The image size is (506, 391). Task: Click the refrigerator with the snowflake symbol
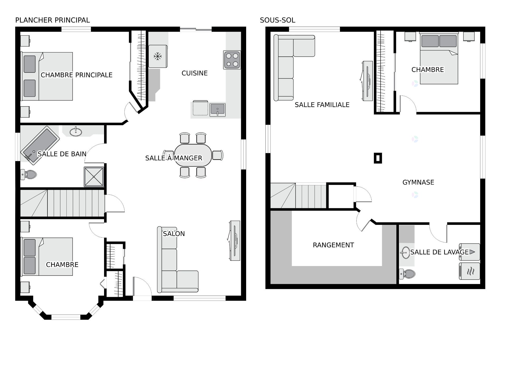(158, 56)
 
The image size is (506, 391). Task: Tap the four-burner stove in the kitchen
(232, 60)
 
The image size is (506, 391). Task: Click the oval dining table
(193, 155)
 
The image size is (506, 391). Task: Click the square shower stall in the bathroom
(94, 177)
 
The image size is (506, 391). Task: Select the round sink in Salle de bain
(76, 132)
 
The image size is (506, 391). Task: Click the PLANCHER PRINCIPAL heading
(52, 20)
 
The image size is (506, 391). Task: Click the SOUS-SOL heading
(277, 20)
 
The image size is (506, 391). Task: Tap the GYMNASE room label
(418, 182)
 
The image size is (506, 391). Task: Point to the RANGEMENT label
(333, 245)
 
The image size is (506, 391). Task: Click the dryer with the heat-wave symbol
(469, 271)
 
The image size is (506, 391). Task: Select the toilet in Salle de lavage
(407, 274)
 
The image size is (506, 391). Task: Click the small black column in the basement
(378, 158)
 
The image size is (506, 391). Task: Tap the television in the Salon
(235, 240)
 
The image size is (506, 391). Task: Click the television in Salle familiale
(367, 81)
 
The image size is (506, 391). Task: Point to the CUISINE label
(194, 73)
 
